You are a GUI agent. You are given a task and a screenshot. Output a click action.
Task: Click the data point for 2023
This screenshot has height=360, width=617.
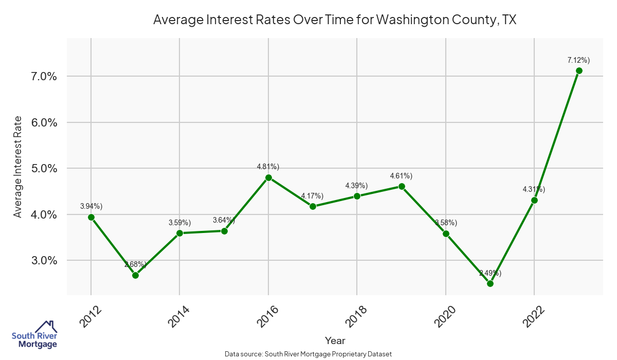click(579, 70)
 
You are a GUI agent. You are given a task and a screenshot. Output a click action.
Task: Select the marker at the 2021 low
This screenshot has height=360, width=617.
click(490, 283)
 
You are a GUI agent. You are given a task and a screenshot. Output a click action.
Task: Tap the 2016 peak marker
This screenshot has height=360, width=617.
click(268, 177)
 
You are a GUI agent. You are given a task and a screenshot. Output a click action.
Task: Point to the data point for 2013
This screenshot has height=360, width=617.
click(135, 275)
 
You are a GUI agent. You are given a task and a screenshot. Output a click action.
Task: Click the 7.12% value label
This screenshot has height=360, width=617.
click(578, 61)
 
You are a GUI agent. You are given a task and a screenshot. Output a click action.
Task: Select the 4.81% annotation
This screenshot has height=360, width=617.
click(268, 167)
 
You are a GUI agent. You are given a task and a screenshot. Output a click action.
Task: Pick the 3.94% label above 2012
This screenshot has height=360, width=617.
click(91, 206)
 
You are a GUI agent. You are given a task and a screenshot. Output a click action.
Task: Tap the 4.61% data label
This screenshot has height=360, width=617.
click(401, 176)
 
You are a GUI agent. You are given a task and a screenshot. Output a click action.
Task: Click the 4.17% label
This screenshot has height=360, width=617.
click(312, 196)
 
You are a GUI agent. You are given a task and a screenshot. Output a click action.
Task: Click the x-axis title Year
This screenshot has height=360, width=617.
click(335, 340)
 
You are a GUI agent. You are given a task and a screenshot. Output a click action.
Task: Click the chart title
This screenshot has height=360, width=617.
click(335, 20)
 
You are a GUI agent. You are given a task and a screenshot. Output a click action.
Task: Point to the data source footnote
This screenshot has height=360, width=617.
click(308, 354)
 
